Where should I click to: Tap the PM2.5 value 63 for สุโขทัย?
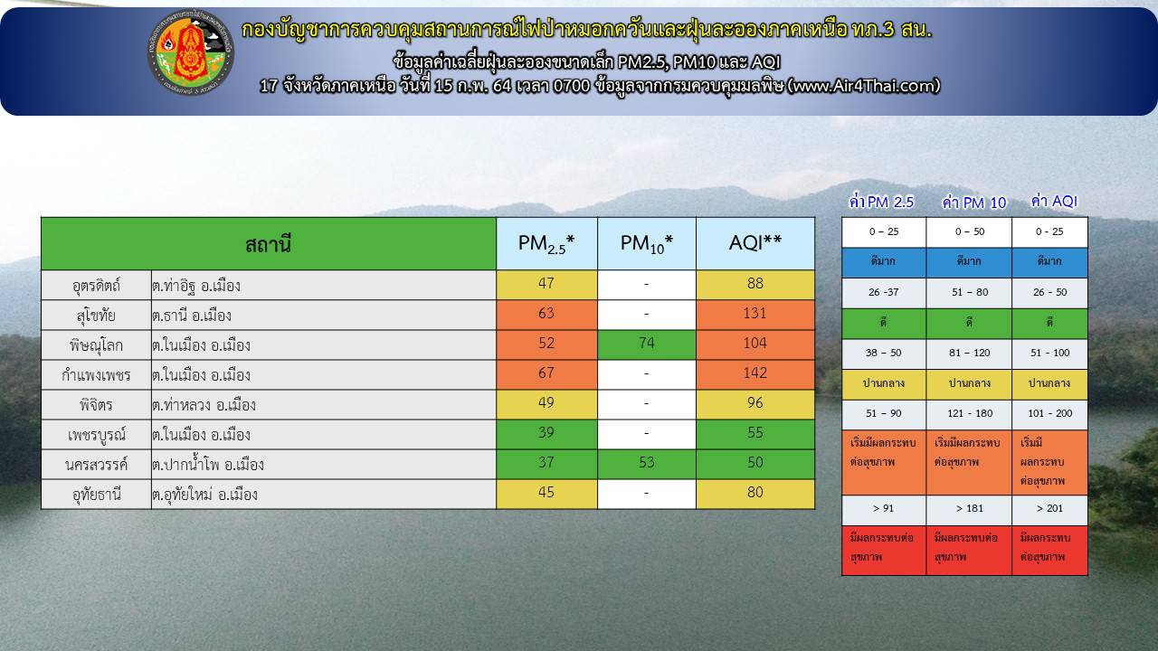546,314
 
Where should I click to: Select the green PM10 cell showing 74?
646,344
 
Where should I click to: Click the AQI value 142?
755,373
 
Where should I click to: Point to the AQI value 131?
755,314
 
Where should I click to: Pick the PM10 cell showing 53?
646,463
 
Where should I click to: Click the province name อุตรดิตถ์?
96,285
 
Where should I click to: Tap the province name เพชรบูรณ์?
96,435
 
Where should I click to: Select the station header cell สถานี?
269,243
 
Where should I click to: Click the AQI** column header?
755,243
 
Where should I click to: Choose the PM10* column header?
647,243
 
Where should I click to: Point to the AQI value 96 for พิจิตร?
755,403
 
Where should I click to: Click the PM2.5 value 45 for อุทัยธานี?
546,493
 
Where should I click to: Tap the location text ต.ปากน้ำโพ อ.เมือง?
208,465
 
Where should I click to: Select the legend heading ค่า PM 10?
974,203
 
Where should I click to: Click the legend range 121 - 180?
969,414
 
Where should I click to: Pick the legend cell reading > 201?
1049,509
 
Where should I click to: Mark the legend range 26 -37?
884,292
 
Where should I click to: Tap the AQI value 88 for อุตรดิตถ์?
755,284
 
